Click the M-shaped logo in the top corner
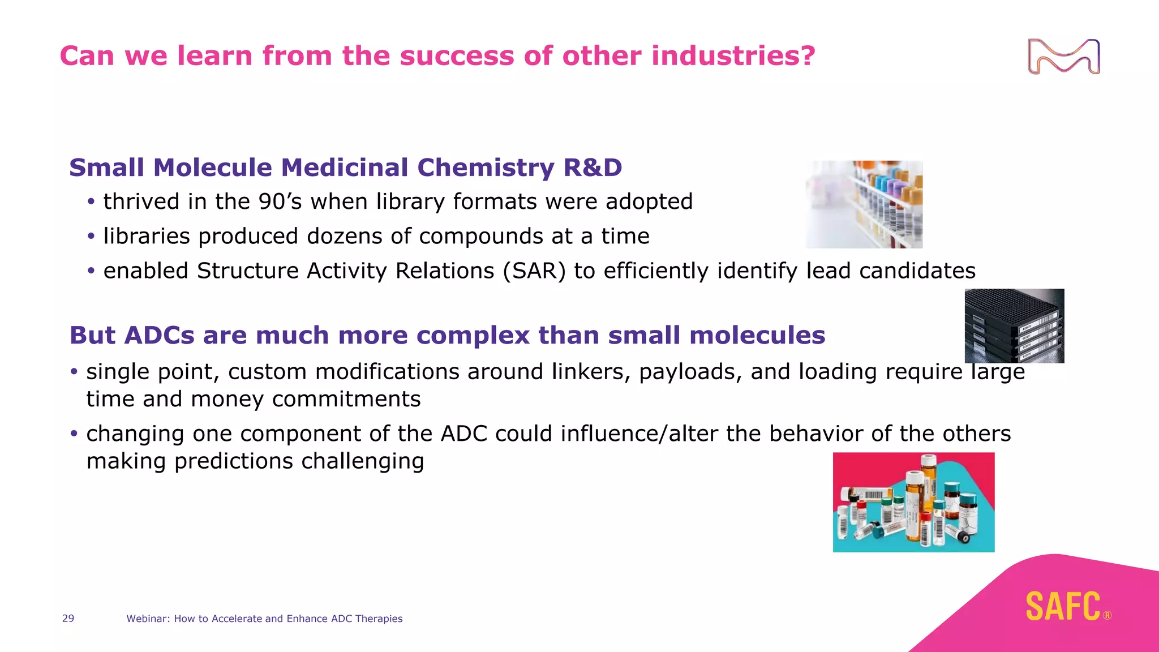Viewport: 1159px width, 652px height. tap(1063, 57)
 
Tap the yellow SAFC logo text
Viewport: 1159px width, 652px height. tap(1063, 606)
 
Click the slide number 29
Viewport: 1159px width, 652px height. tap(68, 619)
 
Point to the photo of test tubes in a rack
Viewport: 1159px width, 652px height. tap(864, 204)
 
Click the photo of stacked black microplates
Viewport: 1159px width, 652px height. tap(1014, 326)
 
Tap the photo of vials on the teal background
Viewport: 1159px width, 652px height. tap(913, 502)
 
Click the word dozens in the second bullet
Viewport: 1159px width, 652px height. tap(344, 237)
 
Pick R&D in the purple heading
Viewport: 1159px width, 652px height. tap(593, 168)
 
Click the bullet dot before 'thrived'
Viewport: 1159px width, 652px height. tap(91, 202)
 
